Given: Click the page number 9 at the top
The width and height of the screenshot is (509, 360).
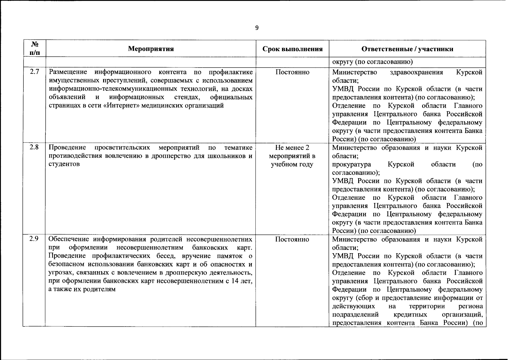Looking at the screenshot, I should click(x=257, y=28).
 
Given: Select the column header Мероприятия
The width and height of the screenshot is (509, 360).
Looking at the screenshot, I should click(x=151, y=49).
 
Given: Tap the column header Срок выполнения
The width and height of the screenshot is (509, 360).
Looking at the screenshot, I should click(x=292, y=49).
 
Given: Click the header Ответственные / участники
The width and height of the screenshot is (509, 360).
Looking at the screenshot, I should click(x=407, y=49).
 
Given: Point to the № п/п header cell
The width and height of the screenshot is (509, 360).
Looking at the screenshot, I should click(x=34, y=49).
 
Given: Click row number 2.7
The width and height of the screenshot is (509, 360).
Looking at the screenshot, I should click(x=34, y=72).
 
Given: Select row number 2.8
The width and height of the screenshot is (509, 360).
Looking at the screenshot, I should click(x=34, y=147).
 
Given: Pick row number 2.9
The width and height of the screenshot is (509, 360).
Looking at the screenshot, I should click(x=34, y=239).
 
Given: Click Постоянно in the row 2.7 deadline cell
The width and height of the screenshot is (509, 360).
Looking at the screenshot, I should click(x=292, y=72).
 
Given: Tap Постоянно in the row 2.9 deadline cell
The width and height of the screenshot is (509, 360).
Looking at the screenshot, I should click(x=292, y=239).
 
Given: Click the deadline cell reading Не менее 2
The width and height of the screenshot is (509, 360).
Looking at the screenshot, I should click(x=292, y=148).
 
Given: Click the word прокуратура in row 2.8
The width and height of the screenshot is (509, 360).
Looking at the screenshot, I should click(x=351, y=164).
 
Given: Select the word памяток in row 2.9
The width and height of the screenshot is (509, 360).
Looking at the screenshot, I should click(x=232, y=256).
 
